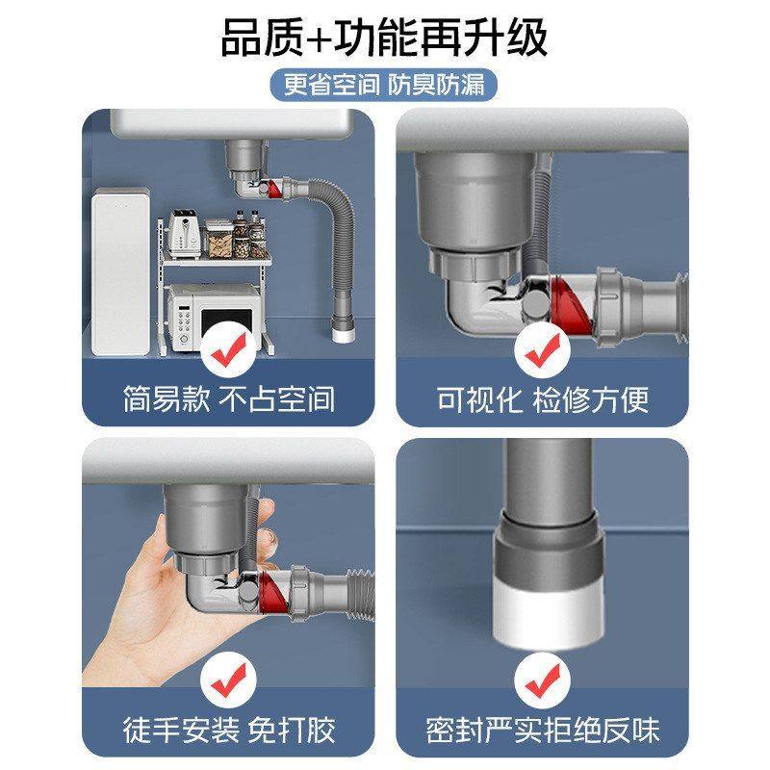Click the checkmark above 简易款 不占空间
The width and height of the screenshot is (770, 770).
pyautogui.click(x=228, y=353)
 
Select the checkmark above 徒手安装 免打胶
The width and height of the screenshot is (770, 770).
pyautogui.click(x=228, y=680)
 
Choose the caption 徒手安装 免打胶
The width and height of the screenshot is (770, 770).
pyautogui.click(x=228, y=729)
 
